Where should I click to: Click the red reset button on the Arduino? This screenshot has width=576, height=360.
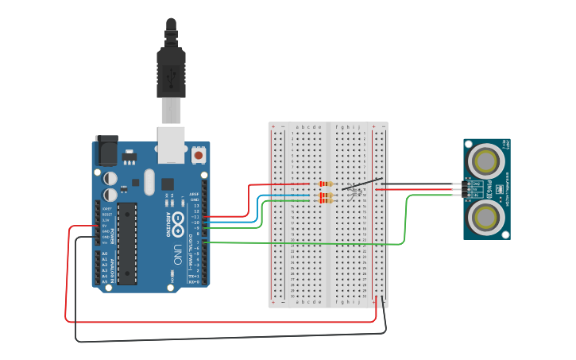coord(198,156)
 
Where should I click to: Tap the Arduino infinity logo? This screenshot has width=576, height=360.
coord(179,219)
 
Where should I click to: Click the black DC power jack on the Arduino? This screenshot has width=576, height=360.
coord(106,149)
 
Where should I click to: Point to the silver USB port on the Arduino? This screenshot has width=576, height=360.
coord(171,144)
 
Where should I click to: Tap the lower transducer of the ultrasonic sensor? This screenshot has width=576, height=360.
coord(485,216)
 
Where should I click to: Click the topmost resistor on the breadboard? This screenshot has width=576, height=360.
coord(324,184)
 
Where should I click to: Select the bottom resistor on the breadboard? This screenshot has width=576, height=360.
coord(324,200)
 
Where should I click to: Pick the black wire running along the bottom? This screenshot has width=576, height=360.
coord(230,341)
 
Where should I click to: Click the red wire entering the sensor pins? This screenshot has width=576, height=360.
coord(421,189)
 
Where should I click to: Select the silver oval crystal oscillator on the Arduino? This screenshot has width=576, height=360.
coord(149,181)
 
